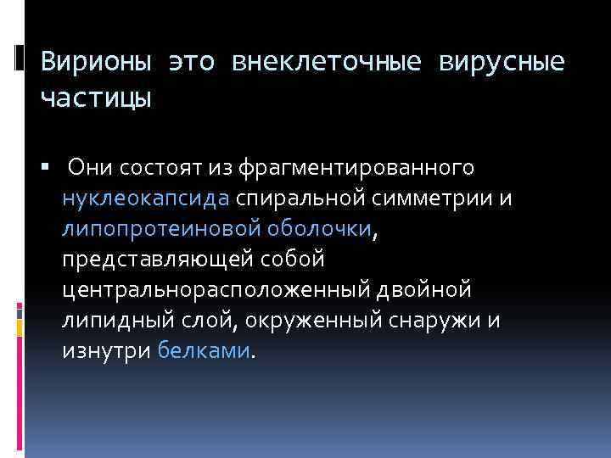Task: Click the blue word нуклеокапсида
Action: coord(145,198)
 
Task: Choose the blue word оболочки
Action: coord(319,229)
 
